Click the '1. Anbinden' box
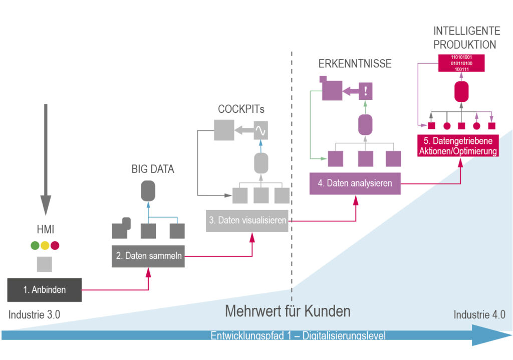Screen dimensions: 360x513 [x=45, y=289]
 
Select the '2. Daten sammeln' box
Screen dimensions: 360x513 [x=147, y=256]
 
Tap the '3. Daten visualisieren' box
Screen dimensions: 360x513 [x=247, y=220]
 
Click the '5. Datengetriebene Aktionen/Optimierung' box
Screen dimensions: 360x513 [x=458, y=145]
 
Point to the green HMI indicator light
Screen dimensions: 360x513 [x=35, y=246]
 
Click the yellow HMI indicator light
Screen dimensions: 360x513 [x=45, y=246]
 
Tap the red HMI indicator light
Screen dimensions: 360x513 [x=55, y=246]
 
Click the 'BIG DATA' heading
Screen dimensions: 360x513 [x=153, y=169]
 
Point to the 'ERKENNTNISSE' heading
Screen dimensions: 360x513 [x=355, y=64]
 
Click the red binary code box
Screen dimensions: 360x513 [x=461, y=64]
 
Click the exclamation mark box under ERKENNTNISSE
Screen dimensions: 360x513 [x=366, y=91]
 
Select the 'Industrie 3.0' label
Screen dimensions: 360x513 [x=34, y=315]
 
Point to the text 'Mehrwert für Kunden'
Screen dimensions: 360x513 [x=287, y=311]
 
